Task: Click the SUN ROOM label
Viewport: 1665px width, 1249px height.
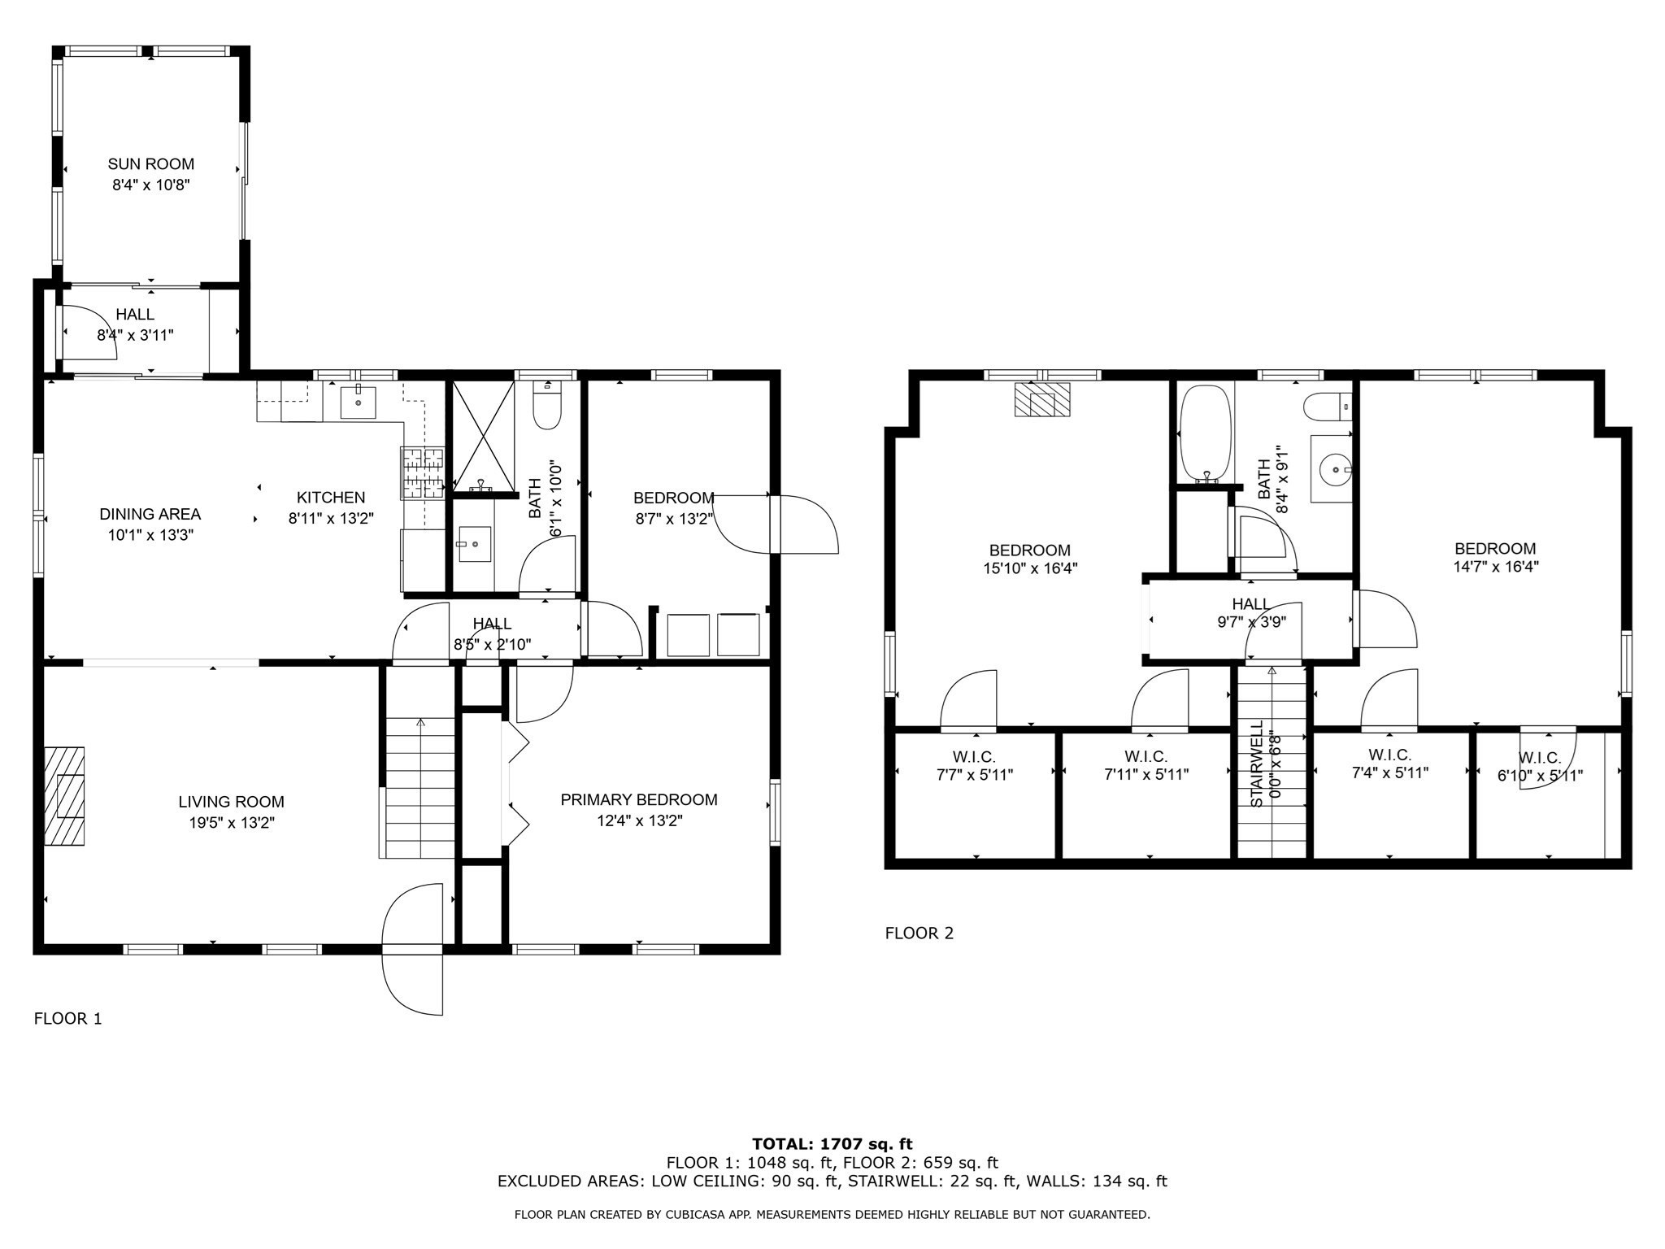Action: (151, 164)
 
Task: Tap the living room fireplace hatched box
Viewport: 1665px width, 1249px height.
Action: (64, 796)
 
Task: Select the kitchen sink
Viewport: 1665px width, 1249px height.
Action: (358, 402)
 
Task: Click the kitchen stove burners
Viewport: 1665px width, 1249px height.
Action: (423, 472)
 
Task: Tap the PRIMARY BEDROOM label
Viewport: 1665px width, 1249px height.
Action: (639, 800)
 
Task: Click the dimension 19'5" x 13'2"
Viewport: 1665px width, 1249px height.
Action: (232, 823)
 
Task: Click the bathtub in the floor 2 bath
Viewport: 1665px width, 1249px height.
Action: (1205, 434)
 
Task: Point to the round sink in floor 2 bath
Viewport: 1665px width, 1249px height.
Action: (1333, 468)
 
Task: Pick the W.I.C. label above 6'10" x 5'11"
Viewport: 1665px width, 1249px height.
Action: (1540, 758)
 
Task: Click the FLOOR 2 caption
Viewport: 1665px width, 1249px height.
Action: (919, 933)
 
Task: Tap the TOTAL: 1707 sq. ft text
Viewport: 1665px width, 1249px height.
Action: (832, 1145)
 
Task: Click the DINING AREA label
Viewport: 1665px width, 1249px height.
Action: (150, 515)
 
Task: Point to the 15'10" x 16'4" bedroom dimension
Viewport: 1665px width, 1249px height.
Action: (1030, 569)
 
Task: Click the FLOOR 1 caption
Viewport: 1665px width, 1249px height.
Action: (67, 1019)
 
